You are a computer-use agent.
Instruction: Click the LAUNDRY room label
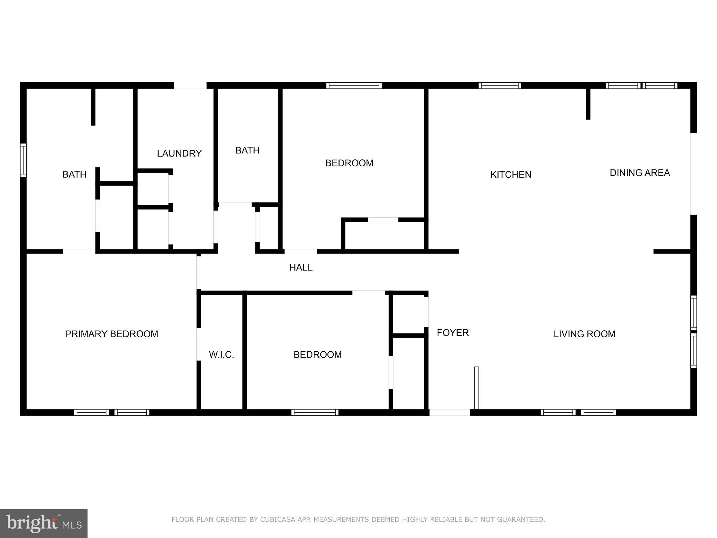tap(179, 153)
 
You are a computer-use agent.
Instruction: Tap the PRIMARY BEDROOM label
tap(111, 334)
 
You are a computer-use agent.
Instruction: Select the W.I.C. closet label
tap(221, 355)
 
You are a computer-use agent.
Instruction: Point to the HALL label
tap(301, 268)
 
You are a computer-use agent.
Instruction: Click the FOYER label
tap(453, 333)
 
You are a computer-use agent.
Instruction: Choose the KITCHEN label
tap(510, 174)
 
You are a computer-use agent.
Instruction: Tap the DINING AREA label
tap(640, 173)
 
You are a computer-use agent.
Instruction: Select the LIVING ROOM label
tap(584, 334)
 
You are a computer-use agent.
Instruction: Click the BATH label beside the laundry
tap(247, 151)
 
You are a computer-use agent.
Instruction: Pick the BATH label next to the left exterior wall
tap(74, 174)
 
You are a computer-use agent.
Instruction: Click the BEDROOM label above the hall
tap(349, 163)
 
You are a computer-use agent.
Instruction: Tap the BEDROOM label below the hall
tap(317, 355)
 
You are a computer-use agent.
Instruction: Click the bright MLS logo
tap(44, 523)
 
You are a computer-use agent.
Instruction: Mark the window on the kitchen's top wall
tap(500, 85)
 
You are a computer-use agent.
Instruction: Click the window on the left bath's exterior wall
tap(23, 160)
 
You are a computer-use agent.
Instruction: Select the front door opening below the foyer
tap(450, 413)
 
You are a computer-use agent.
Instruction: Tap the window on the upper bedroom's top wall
tap(354, 85)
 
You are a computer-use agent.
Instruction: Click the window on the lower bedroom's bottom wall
tap(315, 413)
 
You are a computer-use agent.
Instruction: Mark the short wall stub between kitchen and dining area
tap(588, 104)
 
